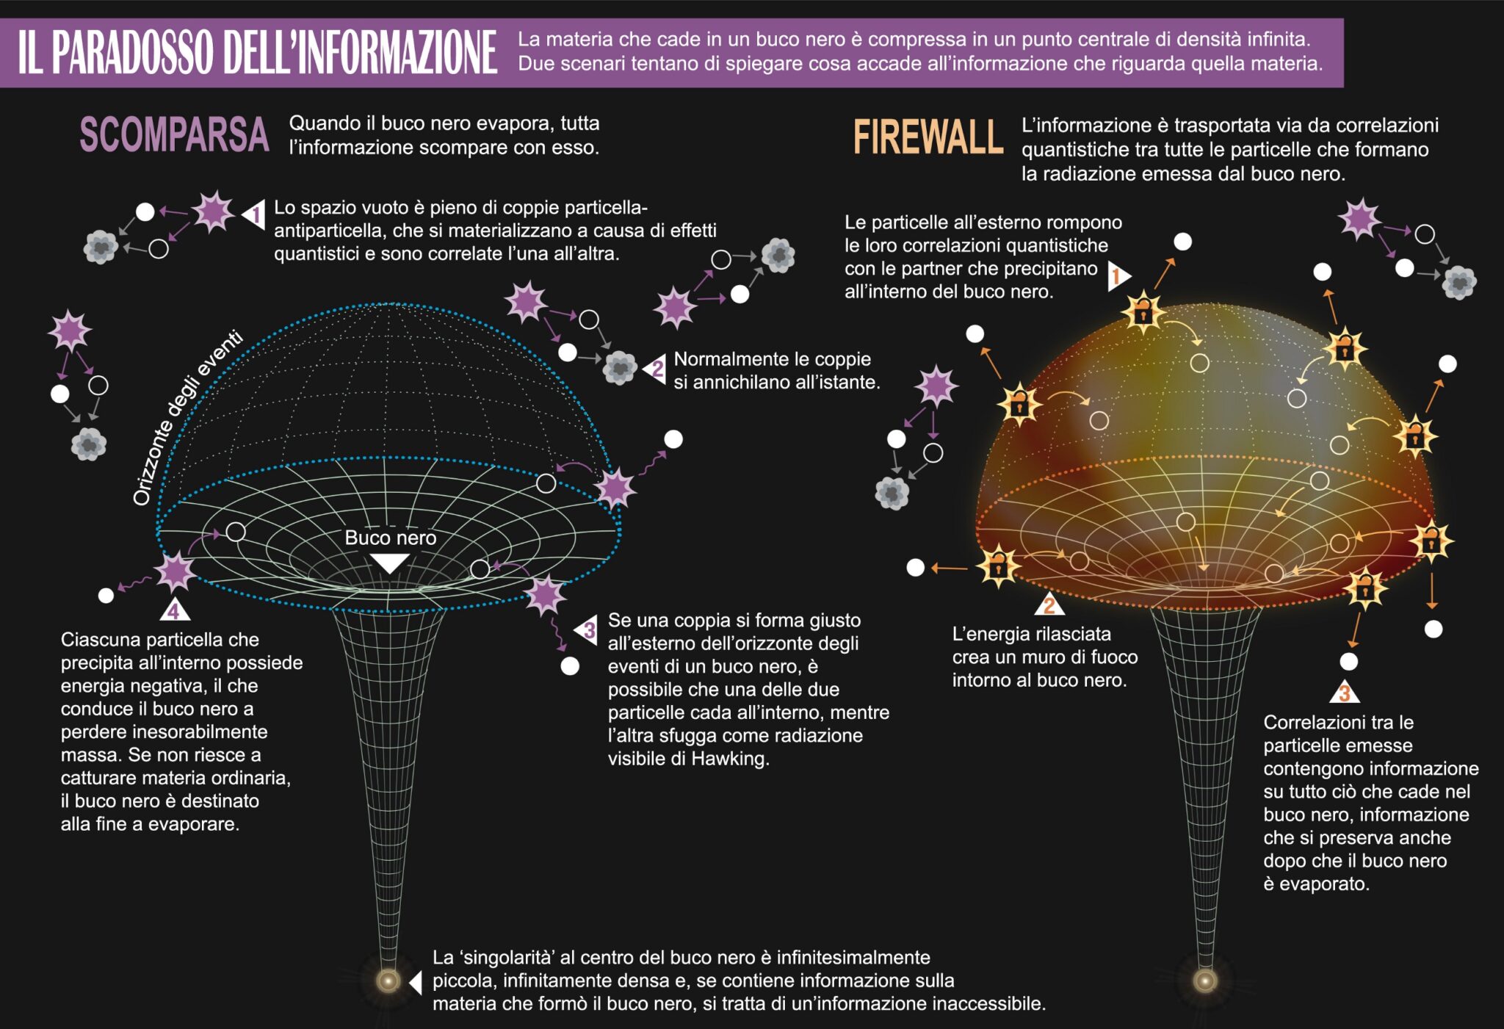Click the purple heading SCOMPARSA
[x=174, y=134]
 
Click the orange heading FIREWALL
[x=928, y=137]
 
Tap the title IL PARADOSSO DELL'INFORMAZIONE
[x=257, y=52]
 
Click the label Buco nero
[x=390, y=538]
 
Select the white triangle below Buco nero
[x=389, y=563]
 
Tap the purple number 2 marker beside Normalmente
[x=655, y=369]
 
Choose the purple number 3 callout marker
[x=587, y=630]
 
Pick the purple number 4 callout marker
[x=173, y=610]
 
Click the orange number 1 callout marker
[x=1118, y=276]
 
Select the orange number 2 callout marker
[x=1049, y=605]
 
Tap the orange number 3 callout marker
[x=1344, y=693]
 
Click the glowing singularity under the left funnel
[x=388, y=981]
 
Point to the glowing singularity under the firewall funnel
[x=1204, y=981]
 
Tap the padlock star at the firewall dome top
[x=1143, y=312]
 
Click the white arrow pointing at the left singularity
[x=416, y=982]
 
